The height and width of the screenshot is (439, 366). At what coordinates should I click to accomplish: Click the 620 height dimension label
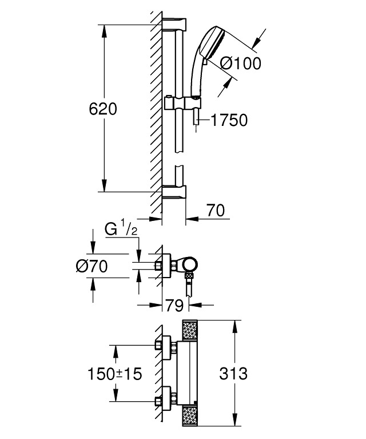point(103,108)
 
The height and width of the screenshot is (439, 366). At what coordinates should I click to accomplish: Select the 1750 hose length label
point(228,120)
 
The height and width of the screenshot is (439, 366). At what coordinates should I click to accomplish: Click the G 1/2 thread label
point(120,231)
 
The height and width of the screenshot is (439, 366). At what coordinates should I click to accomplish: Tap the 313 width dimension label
point(233,373)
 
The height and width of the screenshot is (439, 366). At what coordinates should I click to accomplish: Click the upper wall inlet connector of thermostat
point(164,345)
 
